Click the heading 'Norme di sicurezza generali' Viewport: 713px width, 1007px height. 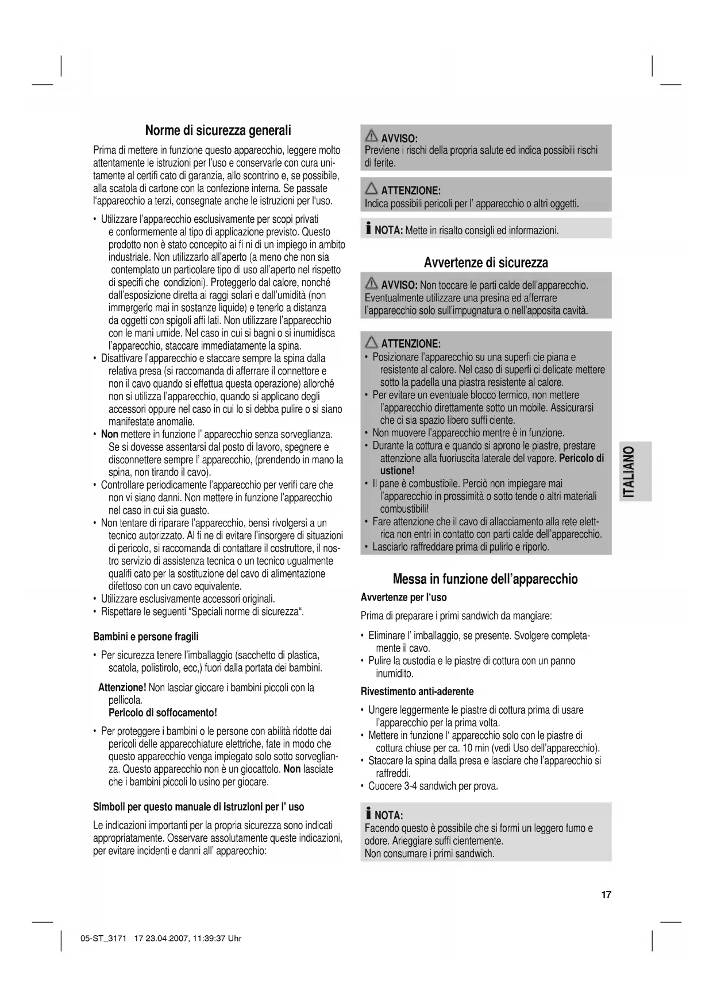218,130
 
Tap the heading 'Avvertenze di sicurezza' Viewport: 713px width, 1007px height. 485,263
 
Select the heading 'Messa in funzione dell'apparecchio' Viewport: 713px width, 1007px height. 485,579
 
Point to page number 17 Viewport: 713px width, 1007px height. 606,894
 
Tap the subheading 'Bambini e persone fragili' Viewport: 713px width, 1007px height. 146,637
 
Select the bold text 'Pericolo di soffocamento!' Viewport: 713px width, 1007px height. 163,713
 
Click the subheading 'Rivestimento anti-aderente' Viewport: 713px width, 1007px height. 417,691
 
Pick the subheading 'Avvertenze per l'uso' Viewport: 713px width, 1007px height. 403,598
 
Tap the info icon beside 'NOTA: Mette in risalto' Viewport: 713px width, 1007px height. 368,230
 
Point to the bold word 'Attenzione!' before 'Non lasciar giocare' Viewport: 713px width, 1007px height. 122,688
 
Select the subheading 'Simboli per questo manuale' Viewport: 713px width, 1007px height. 198,807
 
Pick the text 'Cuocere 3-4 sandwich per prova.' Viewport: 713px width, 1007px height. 433,786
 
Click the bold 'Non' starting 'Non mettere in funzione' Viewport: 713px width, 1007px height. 110,435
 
